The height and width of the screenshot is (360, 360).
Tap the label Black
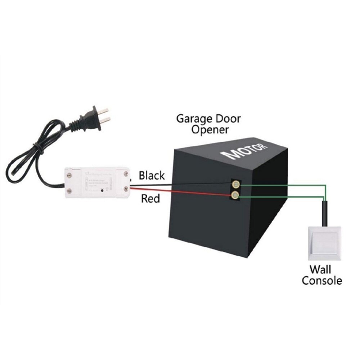tap(152, 176)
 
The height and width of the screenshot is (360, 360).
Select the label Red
tap(150, 198)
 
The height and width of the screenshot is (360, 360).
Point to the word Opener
tap(210, 130)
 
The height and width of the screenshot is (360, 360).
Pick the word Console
tap(321, 280)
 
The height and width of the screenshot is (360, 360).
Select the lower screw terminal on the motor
tap(235, 195)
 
